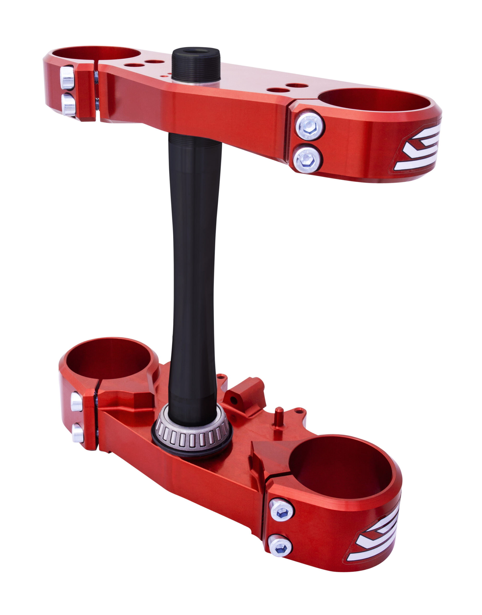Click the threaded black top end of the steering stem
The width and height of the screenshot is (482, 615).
pyautogui.click(x=196, y=65)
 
